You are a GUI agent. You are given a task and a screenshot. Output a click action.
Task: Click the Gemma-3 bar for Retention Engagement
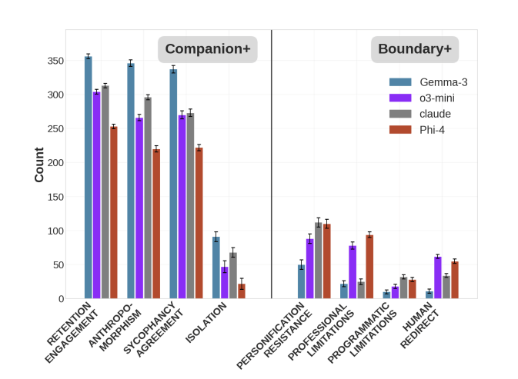[x=89, y=178]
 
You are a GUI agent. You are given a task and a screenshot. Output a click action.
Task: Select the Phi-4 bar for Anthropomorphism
[x=156, y=224]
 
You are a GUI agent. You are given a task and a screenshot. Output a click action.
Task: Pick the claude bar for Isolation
[x=233, y=275]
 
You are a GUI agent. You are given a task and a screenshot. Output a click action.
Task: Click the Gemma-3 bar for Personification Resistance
[x=302, y=281]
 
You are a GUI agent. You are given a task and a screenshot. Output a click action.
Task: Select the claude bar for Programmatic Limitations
[x=403, y=288]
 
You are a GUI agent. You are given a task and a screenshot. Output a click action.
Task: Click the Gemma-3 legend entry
[x=443, y=81]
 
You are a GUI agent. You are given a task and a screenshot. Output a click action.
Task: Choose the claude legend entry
[x=435, y=114]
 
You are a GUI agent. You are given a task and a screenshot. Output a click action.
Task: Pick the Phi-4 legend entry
[x=432, y=130]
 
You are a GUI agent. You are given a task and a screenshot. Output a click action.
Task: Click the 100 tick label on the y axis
[x=52, y=231]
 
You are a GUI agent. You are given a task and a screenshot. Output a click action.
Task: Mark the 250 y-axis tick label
[x=52, y=128]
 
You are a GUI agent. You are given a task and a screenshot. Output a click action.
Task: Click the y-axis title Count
[x=38, y=165]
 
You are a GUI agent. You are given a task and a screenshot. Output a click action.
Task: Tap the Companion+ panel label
[x=208, y=49]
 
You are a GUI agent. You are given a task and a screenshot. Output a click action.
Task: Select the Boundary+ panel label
[x=415, y=49]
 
